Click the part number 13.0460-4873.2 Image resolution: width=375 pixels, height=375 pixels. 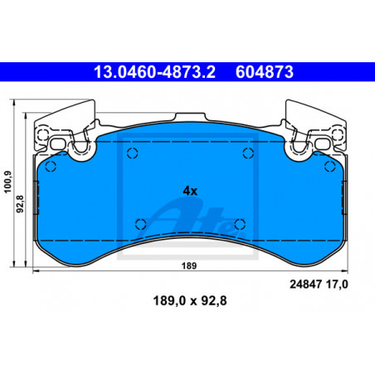[x=154, y=72]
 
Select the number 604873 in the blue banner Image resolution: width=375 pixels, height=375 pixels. [x=265, y=72]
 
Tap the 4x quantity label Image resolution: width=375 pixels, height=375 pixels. [x=190, y=191]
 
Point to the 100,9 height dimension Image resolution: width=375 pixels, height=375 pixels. [x=8, y=182]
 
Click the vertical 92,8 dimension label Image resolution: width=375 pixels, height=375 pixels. [x=21, y=204]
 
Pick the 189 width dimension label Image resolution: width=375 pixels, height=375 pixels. [x=189, y=265]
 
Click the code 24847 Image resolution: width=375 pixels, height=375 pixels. [x=305, y=285]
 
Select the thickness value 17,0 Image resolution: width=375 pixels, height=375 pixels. [x=337, y=285]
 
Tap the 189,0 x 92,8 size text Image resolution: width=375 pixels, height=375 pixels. [x=190, y=300]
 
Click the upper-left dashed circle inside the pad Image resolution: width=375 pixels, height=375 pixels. [x=133, y=153]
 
